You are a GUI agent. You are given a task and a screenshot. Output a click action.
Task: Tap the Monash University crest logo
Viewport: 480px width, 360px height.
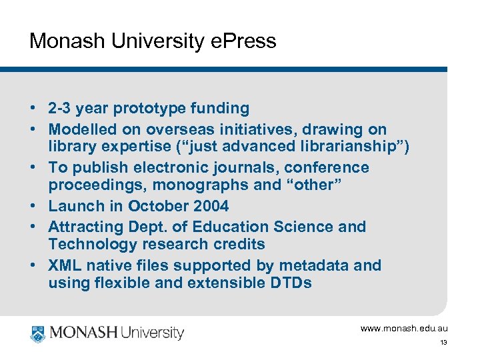38,333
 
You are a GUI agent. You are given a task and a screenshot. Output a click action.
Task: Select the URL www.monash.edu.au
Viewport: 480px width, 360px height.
404,329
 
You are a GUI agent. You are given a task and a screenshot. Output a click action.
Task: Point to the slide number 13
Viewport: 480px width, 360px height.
443,343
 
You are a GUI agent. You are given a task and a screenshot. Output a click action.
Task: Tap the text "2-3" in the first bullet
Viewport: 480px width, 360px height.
61,108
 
